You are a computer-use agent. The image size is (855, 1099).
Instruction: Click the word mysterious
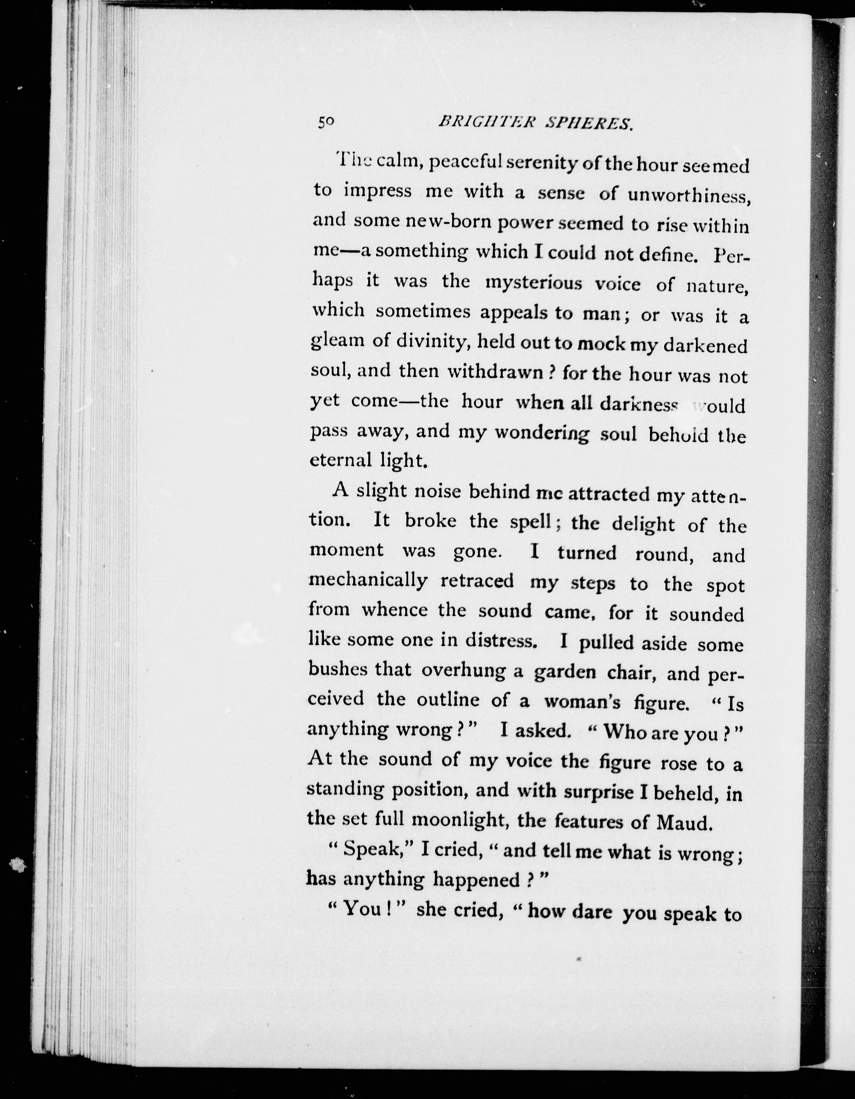point(533,283)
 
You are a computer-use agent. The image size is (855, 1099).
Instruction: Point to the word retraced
point(477,581)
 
